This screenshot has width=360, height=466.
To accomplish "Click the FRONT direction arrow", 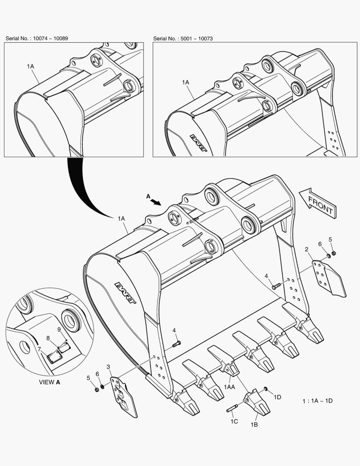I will [x=319, y=202].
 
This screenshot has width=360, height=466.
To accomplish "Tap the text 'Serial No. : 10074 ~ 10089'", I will [x=37, y=38].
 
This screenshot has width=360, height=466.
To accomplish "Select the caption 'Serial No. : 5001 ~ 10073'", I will [x=183, y=38].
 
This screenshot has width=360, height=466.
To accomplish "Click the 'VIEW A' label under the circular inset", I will [x=50, y=382].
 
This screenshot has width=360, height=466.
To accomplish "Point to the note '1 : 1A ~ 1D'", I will [x=317, y=401].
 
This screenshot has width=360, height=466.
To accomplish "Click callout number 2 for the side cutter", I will [x=307, y=249].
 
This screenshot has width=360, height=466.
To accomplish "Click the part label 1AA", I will [x=229, y=387].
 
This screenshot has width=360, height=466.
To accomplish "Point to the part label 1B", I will [x=254, y=425].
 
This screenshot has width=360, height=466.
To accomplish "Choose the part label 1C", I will [x=234, y=421].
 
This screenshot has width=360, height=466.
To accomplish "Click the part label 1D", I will [x=277, y=397].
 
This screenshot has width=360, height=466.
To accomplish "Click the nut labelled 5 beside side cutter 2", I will [x=334, y=253].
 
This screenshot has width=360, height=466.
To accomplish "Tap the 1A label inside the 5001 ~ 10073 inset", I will [x=185, y=82].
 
